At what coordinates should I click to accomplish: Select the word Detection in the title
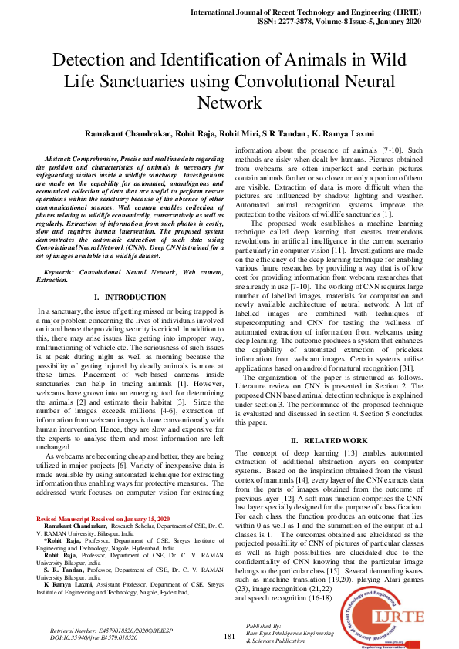96,61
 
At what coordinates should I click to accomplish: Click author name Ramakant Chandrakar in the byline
137,133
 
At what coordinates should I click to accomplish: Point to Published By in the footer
263,627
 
